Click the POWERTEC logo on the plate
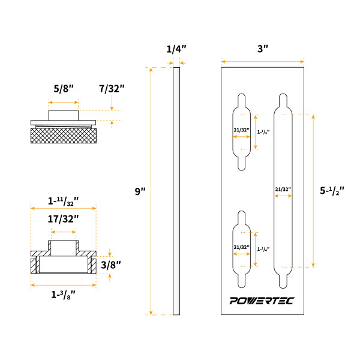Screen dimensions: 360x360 [x=262, y=301]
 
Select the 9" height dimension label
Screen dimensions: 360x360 [x=139, y=191]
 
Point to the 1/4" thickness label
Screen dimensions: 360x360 [x=176, y=49]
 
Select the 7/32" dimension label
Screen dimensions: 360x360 [x=112, y=89]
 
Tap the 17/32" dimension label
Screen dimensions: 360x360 [x=64, y=219]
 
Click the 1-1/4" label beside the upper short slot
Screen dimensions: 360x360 [x=262, y=131]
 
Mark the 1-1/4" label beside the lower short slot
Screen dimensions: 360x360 [x=262, y=248]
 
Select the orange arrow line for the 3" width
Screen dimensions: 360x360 [x=262, y=61]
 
